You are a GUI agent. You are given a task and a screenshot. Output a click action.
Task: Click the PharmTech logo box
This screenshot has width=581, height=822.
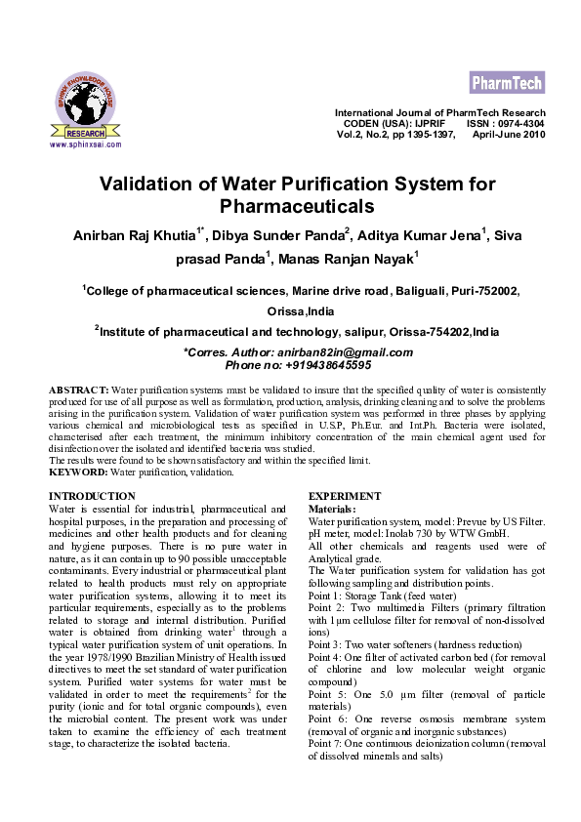[x=507, y=81]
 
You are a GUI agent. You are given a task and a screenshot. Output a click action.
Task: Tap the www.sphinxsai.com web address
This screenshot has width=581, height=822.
[x=85, y=144]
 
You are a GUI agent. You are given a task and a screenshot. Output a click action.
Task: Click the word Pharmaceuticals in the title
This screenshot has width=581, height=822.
[x=297, y=206]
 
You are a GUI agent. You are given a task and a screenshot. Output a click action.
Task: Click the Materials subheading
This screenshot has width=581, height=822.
[x=332, y=510]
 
